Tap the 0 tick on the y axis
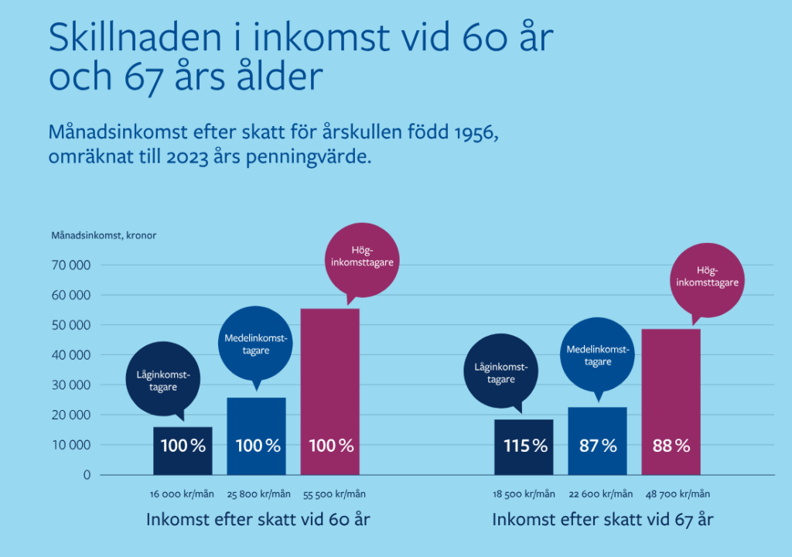click(87, 475)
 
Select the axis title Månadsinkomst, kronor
click(104, 235)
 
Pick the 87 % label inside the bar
click(598, 446)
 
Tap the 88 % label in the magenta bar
click(671, 446)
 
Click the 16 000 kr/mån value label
click(183, 494)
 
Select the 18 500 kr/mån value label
click(524, 494)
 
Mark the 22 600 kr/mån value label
click(598, 494)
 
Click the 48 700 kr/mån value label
click(672, 494)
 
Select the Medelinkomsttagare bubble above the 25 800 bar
click(257, 344)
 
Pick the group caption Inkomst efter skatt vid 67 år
click(603, 520)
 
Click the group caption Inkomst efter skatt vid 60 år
click(258, 520)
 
